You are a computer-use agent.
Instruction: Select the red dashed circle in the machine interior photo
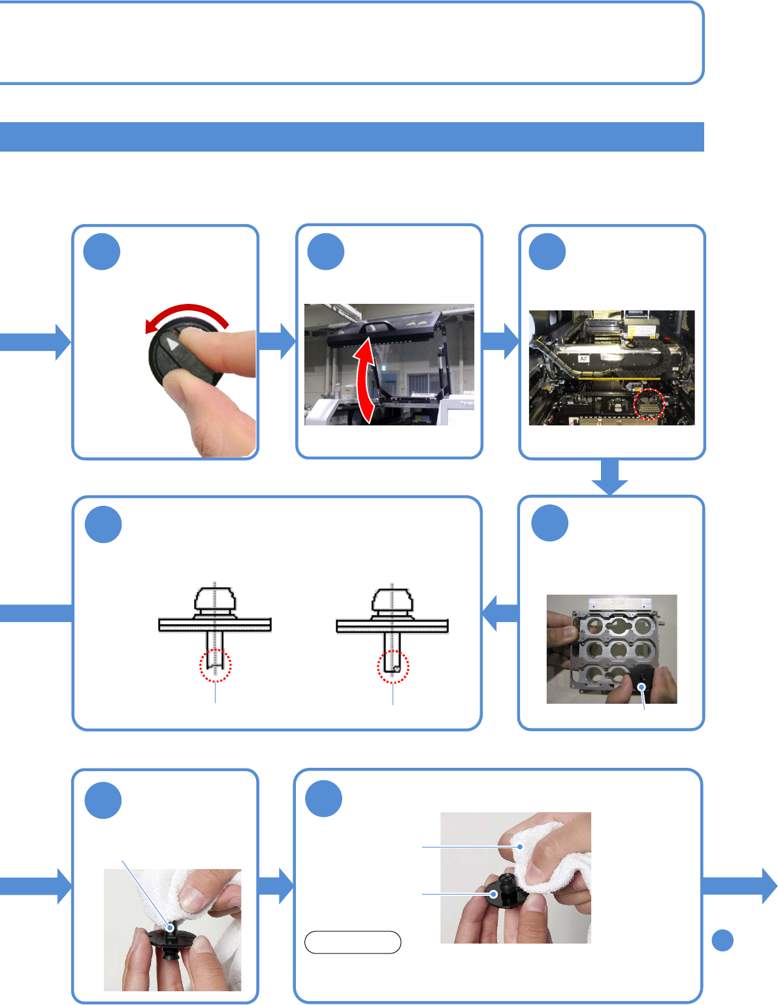coord(649,404)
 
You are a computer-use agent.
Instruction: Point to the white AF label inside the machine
coord(584,359)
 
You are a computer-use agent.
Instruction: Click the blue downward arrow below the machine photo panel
coord(610,478)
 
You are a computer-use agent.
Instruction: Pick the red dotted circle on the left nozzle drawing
coord(215,665)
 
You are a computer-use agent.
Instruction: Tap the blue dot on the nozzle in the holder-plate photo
coord(643,686)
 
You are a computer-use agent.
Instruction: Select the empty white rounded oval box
coord(353,942)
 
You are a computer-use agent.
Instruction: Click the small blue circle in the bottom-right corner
coord(722,940)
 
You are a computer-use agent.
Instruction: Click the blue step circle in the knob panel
coord(103,252)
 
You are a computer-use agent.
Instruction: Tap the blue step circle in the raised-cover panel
coord(325,252)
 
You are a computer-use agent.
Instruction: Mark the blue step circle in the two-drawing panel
coord(103,525)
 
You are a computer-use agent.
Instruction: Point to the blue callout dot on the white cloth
coord(521,847)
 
